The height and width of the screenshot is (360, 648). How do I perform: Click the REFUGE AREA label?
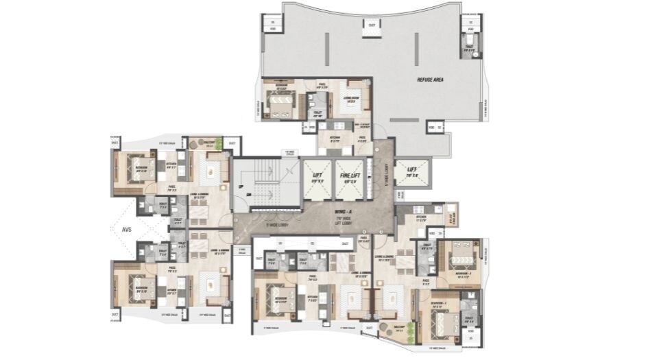(x=431, y=80)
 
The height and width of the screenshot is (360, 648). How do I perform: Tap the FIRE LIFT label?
(x=350, y=176)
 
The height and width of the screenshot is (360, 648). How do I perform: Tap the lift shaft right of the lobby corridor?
(x=412, y=172)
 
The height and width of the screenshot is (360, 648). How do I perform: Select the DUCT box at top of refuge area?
(x=372, y=25)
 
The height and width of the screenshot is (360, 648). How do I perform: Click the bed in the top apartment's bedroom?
(x=280, y=105)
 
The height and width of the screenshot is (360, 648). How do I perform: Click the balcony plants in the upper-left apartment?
(x=218, y=144)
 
